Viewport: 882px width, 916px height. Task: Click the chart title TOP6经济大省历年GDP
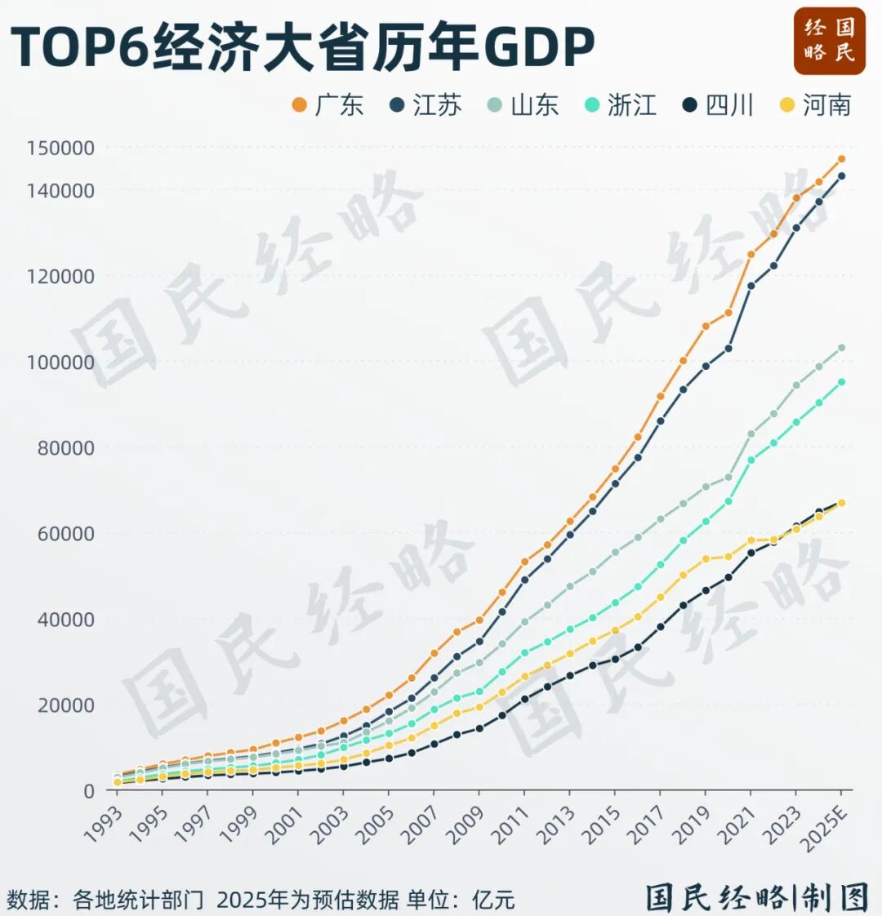[x=302, y=47]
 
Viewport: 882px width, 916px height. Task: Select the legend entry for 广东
[x=327, y=105]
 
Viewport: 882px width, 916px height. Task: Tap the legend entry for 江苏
[x=425, y=105]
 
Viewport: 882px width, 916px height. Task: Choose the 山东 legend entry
[x=523, y=105]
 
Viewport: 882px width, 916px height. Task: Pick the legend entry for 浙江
[x=621, y=105]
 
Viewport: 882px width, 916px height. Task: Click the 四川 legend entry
[x=718, y=105]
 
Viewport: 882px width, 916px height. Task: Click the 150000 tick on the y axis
[x=60, y=149]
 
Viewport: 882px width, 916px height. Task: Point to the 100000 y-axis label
[x=60, y=362]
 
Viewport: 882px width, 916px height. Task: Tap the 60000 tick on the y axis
[x=65, y=533]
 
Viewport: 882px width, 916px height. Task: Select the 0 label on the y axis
[x=89, y=791]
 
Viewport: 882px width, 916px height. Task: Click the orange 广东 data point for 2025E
[x=841, y=159]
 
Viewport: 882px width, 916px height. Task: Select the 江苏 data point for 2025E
[x=841, y=176]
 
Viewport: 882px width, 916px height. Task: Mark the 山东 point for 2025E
[x=841, y=348]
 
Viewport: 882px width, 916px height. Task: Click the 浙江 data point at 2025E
[x=841, y=381]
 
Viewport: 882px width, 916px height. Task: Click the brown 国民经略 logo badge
[x=829, y=41]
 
